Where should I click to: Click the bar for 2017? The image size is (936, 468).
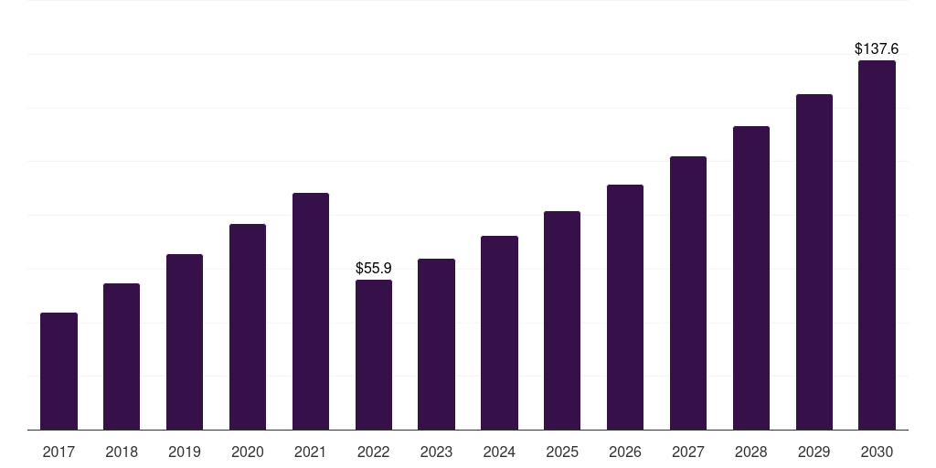pyautogui.click(x=58, y=371)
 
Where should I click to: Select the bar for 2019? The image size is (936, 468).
pyautogui.click(x=185, y=342)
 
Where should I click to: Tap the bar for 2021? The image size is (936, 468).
pyautogui.click(x=311, y=311)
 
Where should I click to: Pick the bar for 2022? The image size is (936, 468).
pyautogui.click(x=374, y=355)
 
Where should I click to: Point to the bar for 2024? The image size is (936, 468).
pyautogui.click(x=499, y=333)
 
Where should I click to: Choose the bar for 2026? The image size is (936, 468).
pyautogui.click(x=625, y=307)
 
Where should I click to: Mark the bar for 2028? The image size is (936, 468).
pyautogui.click(x=751, y=278)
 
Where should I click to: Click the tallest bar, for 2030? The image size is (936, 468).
pyautogui.click(x=877, y=245)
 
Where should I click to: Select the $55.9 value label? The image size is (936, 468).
pyautogui.click(x=374, y=269)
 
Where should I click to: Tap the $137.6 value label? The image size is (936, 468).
pyautogui.click(x=877, y=49)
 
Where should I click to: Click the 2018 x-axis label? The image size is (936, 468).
pyautogui.click(x=122, y=452)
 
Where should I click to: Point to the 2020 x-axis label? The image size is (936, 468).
pyautogui.click(x=248, y=452)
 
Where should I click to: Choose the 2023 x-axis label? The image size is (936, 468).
pyautogui.click(x=436, y=452)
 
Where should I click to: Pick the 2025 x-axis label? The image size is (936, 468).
pyautogui.click(x=562, y=452)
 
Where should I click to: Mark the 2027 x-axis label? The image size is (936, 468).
pyautogui.click(x=688, y=452)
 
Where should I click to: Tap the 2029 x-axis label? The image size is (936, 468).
pyautogui.click(x=814, y=452)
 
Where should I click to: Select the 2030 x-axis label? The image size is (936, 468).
pyautogui.click(x=877, y=452)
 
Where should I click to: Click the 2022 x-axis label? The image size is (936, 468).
pyautogui.click(x=374, y=452)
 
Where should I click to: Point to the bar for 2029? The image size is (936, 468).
pyautogui.click(x=814, y=261)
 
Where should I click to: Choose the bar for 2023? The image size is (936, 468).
pyautogui.click(x=436, y=344)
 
